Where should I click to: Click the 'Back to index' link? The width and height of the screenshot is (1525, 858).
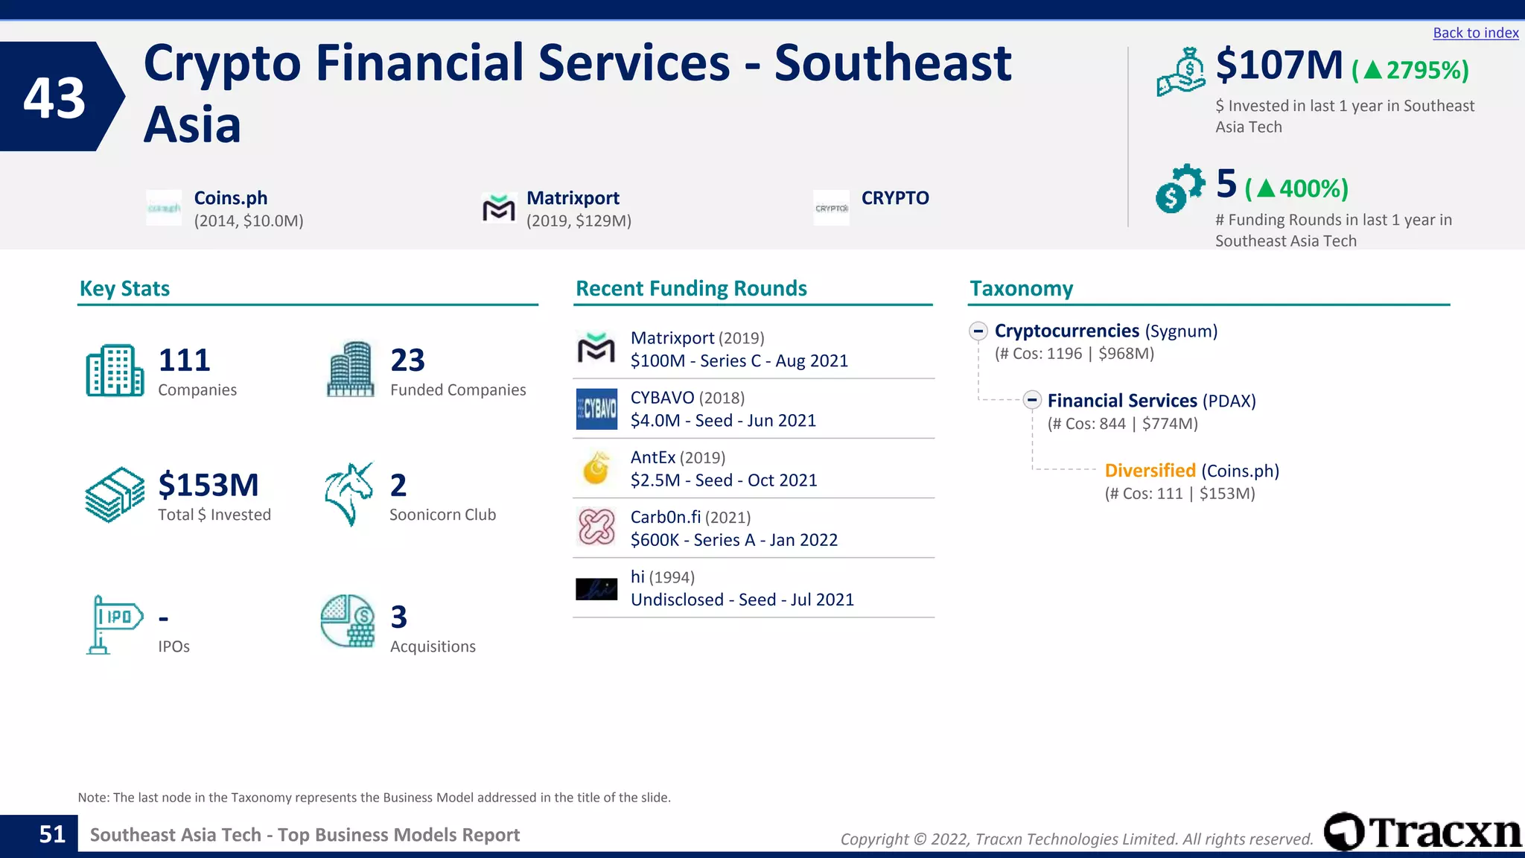point(1475,33)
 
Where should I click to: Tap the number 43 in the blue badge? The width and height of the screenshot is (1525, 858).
point(54,98)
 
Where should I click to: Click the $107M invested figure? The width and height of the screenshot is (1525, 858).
point(1279,66)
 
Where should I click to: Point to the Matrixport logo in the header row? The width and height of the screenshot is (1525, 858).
point(498,209)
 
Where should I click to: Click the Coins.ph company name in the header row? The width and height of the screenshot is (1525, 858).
point(230,198)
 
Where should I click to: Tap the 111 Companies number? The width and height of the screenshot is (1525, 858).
point(184,360)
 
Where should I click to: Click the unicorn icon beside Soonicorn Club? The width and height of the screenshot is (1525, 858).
point(348,494)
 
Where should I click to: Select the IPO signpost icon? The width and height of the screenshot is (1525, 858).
point(114,624)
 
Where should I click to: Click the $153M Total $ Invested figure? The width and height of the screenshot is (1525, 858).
point(208,485)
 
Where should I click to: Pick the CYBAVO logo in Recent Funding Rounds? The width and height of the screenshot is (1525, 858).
point(596,409)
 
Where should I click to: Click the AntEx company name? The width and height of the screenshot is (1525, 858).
point(653,457)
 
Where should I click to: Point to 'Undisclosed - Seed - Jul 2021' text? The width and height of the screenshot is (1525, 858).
point(742,600)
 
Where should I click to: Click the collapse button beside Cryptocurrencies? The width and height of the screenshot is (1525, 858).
point(978,331)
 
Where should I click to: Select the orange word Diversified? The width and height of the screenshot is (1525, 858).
point(1150,471)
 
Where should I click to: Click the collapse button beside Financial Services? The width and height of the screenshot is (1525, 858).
point(1031,401)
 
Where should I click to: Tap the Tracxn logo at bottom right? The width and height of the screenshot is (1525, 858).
point(1422,832)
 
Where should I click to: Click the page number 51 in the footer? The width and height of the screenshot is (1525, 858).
point(52,834)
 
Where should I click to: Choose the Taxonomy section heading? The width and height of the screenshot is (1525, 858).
point(1021,289)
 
